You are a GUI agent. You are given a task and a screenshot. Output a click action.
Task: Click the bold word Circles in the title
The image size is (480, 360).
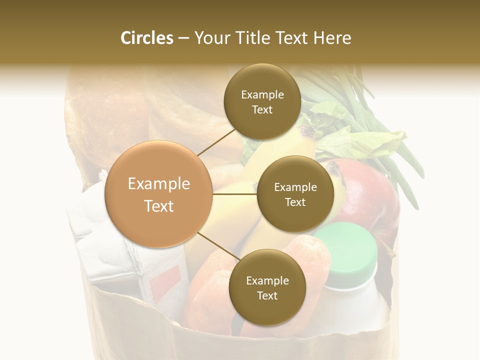click(146, 38)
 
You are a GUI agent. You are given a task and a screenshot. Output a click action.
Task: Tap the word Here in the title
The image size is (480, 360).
click(332, 38)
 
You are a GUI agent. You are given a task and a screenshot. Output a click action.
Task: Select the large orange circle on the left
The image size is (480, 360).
click(158, 194)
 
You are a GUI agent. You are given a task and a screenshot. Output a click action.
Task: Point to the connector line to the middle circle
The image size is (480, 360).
click(235, 194)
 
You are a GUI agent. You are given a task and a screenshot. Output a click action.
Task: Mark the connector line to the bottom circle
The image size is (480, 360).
click(218, 246)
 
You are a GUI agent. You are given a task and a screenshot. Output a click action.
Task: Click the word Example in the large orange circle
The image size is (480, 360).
click(158, 184)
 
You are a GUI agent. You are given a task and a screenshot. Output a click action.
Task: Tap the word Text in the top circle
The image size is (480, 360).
click(262, 110)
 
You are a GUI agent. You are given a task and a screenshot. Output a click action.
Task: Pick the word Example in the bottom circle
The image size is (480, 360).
click(267, 281)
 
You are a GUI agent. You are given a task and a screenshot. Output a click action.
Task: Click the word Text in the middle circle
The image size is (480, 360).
click(295, 202)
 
